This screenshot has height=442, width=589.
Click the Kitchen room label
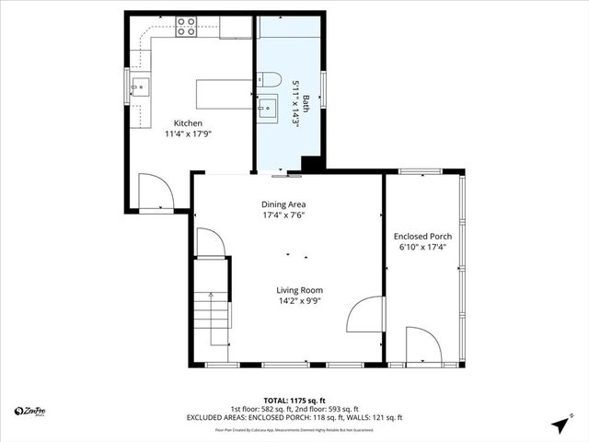pos(189,123)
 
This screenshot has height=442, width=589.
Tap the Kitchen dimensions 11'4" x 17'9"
pos(189,134)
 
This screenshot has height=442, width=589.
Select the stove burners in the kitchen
pos(186,27)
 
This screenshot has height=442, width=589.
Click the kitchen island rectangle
pos(221,94)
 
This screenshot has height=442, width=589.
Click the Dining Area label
pos(283,204)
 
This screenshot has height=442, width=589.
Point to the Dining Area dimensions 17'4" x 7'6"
pos(283,215)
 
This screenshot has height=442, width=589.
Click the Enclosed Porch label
pos(422,236)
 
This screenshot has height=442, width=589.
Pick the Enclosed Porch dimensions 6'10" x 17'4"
pos(422,247)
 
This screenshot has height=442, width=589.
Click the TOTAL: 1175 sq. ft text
pos(294,401)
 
